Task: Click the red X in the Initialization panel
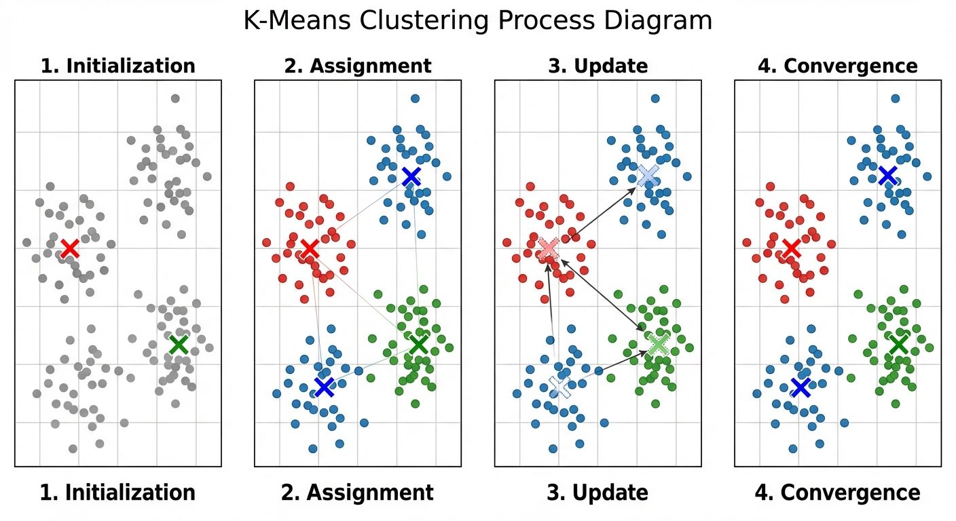pyautogui.click(x=69, y=248)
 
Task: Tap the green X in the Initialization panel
pyautogui.click(x=178, y=345)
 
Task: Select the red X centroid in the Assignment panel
pyautogui.click(x=310, y=248)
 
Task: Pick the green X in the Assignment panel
pyautogui.click(x=418, y=345)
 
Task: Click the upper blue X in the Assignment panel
pyautogui.click(x=410, y=176)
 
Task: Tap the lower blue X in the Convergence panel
pyautogui.click(x=801, y=387)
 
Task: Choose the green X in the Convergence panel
pyautogui.click(x=898, y=345)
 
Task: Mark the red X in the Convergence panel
pyautogui.click(x=790, y=248)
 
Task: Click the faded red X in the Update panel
pyautogui.click(x=549, y=248)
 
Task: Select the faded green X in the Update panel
pyautogui.click(x=657, y=345)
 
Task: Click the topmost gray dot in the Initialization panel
pyautogui.click(x=175, y=98)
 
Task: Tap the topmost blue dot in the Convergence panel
pyautogui.click(x=895, y=98)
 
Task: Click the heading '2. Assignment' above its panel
pyautogui.click(x=357, y=66)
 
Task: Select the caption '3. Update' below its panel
pyautogui.click(x=597, y=493)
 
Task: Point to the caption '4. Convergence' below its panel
pyautogui.click(x=838, y=493)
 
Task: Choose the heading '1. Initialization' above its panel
pyautogui.click(x=117, y=66)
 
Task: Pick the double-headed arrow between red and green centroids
pyautogui.click(x=603, y=296)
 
